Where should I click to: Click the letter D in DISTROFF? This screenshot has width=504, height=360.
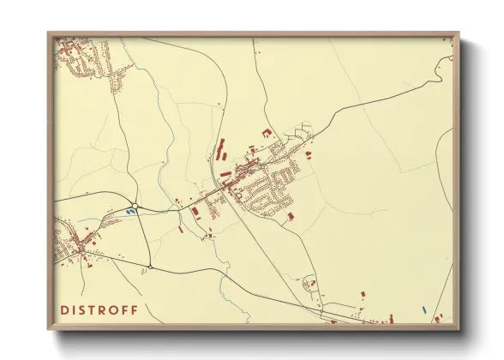(64, 309)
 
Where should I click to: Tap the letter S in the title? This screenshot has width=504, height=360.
(83, 309)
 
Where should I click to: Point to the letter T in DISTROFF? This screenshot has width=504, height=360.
(93, 309)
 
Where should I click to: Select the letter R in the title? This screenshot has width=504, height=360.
(104, 309)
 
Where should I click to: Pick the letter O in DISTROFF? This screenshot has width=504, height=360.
(115, 309)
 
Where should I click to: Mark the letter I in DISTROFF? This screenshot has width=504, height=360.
(74, 309)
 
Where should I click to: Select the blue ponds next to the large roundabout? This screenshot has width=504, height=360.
(130, 210)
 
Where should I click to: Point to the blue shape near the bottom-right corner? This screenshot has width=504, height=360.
(423, 309)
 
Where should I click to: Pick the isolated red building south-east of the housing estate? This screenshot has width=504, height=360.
(291, 215)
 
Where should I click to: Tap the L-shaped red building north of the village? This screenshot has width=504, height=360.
(264, 132)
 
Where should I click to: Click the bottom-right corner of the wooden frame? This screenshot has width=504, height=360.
(459, 329)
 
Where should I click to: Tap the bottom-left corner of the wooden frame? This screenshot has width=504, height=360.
(48, 329)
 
